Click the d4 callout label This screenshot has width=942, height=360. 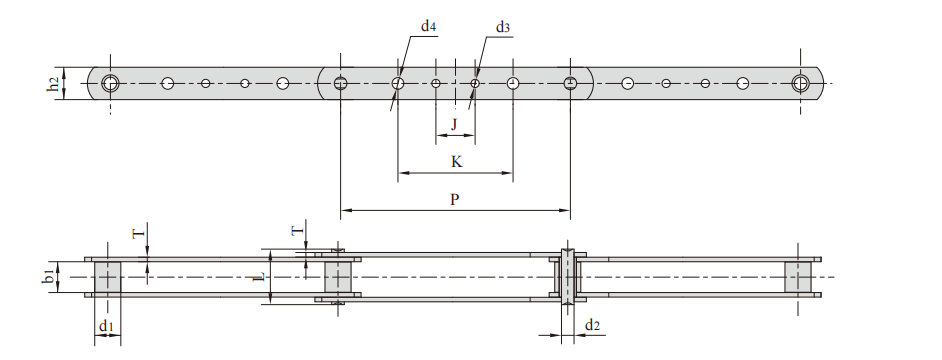click(x=428, y=26)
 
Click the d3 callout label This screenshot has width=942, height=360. click(x=503, y=27)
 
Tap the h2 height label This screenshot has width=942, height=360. click(x=53, y=85)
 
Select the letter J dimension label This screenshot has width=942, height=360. click(x=455, y=124)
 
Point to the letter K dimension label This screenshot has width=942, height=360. click(x=457, y=162)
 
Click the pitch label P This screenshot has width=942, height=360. click(x=455, y=200)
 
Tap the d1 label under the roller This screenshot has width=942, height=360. click(x=106, y=326)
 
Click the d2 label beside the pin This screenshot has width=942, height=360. click(x=592, y=325)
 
